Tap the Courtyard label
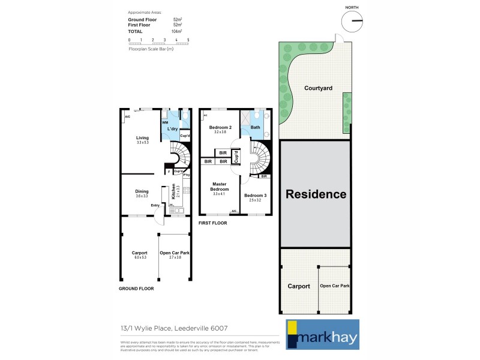318,88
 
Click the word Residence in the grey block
316,194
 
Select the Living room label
142,138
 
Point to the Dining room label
142,192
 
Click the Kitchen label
174,191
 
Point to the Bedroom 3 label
255,195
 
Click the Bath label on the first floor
255,127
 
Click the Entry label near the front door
155,205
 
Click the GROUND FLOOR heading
136,288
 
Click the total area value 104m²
177,31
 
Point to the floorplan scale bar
159,42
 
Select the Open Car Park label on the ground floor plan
175,253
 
